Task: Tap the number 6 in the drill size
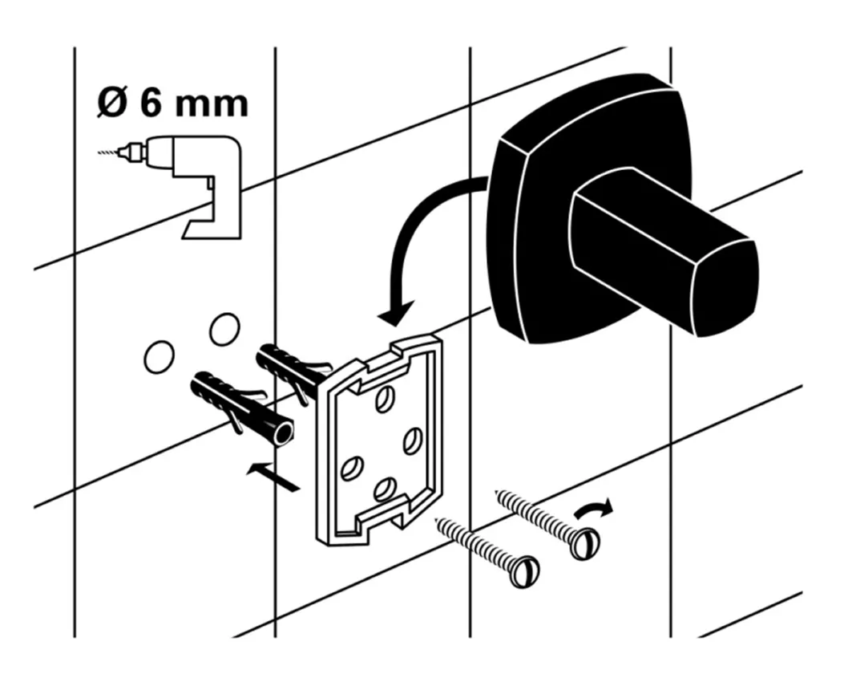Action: point(152,104)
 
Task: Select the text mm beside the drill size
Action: point(212,104)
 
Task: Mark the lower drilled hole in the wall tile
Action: point(159,356)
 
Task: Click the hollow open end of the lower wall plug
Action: point(282,433)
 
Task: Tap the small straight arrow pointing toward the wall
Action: point(273,475)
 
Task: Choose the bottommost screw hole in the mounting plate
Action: point(386,489)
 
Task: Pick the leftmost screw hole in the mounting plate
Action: point(350,467)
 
